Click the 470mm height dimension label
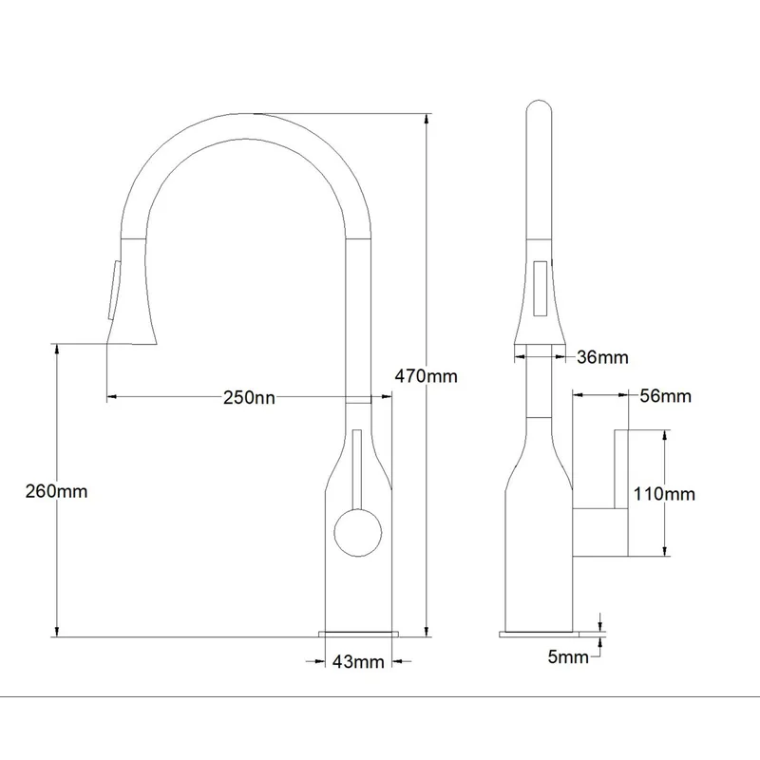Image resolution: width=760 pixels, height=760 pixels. pyautogui.click(x=426, y=376)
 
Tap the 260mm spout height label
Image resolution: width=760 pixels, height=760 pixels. pyautogui.click(x=56, y=491)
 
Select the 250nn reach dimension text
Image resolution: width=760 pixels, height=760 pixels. pyautogui.click(x=249, y=397)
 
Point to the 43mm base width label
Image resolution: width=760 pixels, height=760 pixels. pyautogui.click(x=358, y=661)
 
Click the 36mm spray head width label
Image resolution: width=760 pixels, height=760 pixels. pyautogui.click(x=602, y=357)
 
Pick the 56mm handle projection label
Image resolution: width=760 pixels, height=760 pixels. pyautogui.click(x=666, y=396)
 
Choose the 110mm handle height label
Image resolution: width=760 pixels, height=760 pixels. pyautogui.click(x=664, y=494)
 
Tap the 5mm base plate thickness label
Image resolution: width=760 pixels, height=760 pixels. pyautogui.click(x=568, y=656)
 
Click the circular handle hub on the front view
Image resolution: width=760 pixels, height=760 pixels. pyautogui.click(x=358, y=533)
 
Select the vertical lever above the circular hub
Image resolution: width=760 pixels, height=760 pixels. pyautogui.click(x=358, y=469)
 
